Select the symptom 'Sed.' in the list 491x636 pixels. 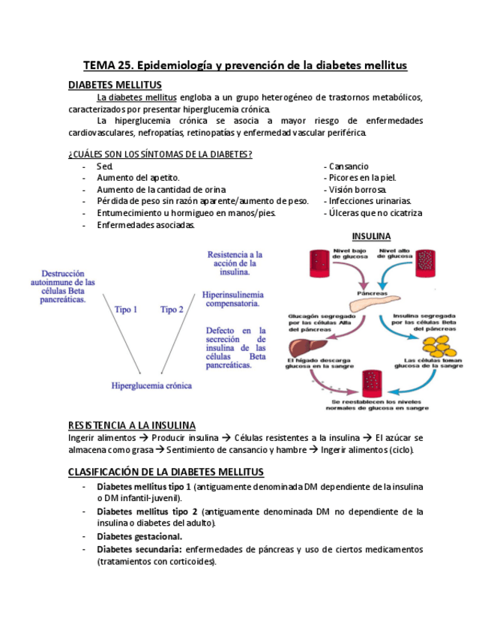104,166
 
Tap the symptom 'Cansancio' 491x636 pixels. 348,166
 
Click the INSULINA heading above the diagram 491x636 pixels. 372,235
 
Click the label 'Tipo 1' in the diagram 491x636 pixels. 126,308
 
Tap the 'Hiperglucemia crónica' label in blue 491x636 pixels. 151,385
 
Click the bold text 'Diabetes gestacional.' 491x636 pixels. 139,536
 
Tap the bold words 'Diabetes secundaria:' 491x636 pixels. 139,549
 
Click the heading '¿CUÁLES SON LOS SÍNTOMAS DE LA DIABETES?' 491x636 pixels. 160,154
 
